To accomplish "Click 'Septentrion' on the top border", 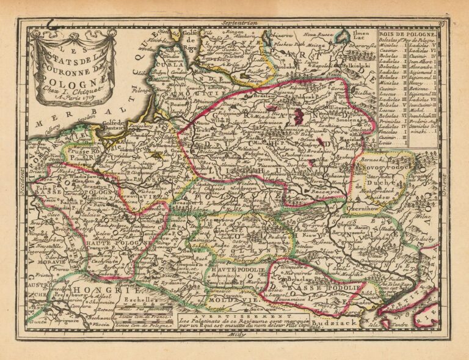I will coord(241,22).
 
